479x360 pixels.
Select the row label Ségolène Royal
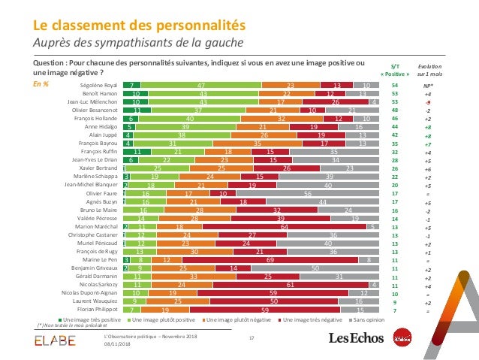point(98,86)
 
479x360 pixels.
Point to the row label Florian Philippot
point(98,308)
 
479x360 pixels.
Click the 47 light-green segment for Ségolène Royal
point(200,86)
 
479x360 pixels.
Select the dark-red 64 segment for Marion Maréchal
point(285,225)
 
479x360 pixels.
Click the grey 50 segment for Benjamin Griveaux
point(316,268)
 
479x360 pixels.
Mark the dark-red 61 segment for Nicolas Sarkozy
point(289,284)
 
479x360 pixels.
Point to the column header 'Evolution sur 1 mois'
point(429,71)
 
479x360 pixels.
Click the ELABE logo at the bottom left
point(53,343)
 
